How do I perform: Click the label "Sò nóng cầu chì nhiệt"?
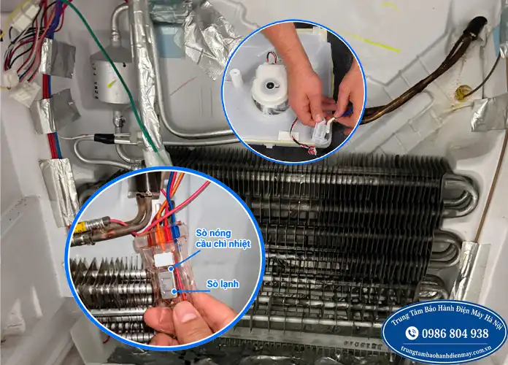[x=223, y=238]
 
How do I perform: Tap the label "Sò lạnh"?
[x=223, y=284]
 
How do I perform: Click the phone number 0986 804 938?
[x=455, y=333]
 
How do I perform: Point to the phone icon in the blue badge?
[x=412, y=333]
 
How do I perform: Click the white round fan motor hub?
[x=269, y=85]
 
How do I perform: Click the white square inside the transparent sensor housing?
[x=161, y=261]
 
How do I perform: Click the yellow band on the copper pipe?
[x=80, y=228]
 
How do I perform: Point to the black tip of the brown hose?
[x=475, y=23]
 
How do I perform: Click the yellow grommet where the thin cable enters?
[x=463, y=92]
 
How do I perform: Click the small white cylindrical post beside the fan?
[x=236, y=77]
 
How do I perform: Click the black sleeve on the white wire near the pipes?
[x=104, y=139]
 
